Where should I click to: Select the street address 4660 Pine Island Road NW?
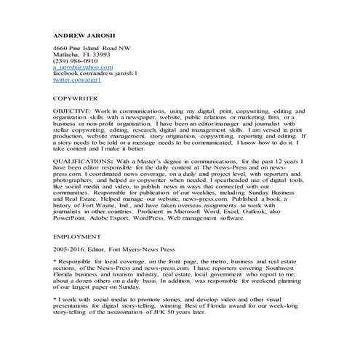(97, 47)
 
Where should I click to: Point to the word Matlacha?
(66, 55)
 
